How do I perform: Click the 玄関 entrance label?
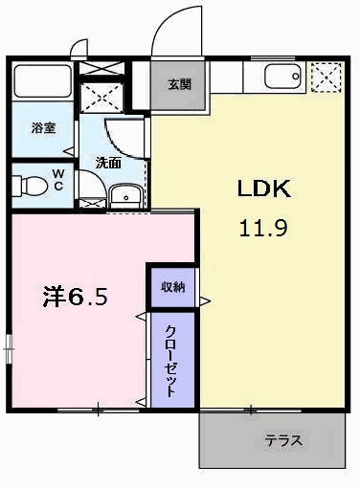coord(179,84)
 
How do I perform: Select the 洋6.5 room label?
coord(75,297)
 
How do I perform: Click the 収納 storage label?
coord(172,286)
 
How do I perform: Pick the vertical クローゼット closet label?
coord(170,361)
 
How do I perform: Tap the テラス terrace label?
coord(284,441)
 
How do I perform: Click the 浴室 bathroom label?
coord(42,126)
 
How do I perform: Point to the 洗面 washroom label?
coord(107,163)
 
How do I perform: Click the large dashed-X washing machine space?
coord(101,98)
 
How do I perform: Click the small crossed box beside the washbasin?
coord(93,203)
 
